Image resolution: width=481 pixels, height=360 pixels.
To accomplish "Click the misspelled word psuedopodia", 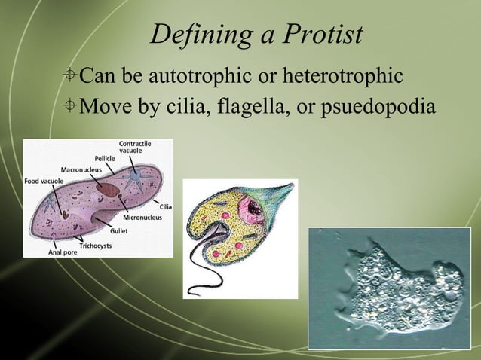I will pos(378,107).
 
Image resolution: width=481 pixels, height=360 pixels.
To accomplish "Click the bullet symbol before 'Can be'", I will pos(69,77).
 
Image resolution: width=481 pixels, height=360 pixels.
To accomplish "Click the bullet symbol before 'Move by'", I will pos(69,107).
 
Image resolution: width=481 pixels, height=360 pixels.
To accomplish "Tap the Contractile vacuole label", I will pos(136,147).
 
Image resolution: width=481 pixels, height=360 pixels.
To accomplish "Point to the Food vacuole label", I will pos(41,181).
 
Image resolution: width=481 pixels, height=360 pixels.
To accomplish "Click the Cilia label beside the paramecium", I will pos(165,206).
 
